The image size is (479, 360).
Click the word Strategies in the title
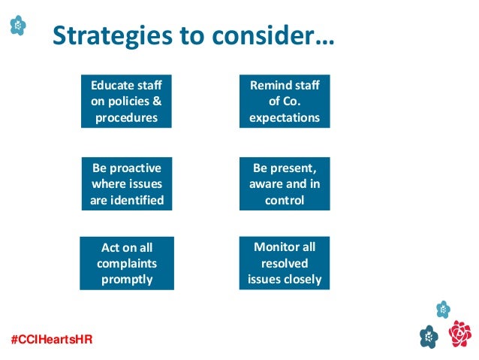[104, 35]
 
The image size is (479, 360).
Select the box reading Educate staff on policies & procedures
[126, 101]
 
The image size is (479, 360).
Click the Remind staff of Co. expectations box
[284, 101]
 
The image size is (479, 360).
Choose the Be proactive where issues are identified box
[126, 183]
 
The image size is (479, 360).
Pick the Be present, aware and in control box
[284, 183]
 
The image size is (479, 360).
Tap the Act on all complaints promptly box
[126, 263]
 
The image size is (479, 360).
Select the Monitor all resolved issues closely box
[284, 263]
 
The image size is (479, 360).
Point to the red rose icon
[459, 333]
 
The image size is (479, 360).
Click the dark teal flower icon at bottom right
[429, 336]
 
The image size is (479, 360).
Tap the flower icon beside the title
[18, 26]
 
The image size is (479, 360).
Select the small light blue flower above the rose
[443, 309]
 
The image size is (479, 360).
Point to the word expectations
[284, 117]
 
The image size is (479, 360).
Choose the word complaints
[126, 264]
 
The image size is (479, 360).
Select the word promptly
[126, 280]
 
